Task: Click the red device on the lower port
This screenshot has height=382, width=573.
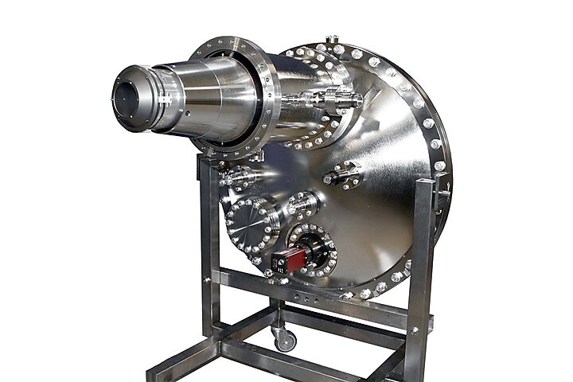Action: (288, 259)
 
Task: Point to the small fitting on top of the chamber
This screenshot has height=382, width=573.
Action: (332, 39)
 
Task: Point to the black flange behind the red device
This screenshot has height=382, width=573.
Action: (314, 248)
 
